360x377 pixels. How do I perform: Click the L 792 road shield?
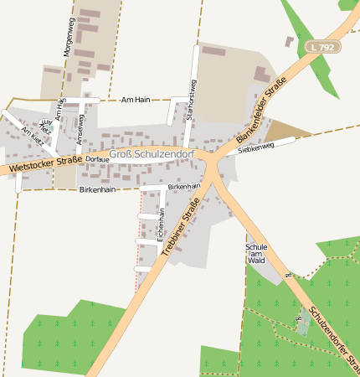point(321,48)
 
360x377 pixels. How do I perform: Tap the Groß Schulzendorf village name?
point(153,155)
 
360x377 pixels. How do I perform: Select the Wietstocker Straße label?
point(45,164)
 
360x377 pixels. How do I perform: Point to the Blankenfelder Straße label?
point(261,110)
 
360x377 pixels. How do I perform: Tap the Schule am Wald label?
point(256,254)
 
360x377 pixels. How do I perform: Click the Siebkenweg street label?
point(256,147)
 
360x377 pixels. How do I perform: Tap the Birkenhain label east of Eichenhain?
point(185,186)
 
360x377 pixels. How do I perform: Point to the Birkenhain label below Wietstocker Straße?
point(97,190)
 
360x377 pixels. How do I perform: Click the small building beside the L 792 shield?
point(290,40)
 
